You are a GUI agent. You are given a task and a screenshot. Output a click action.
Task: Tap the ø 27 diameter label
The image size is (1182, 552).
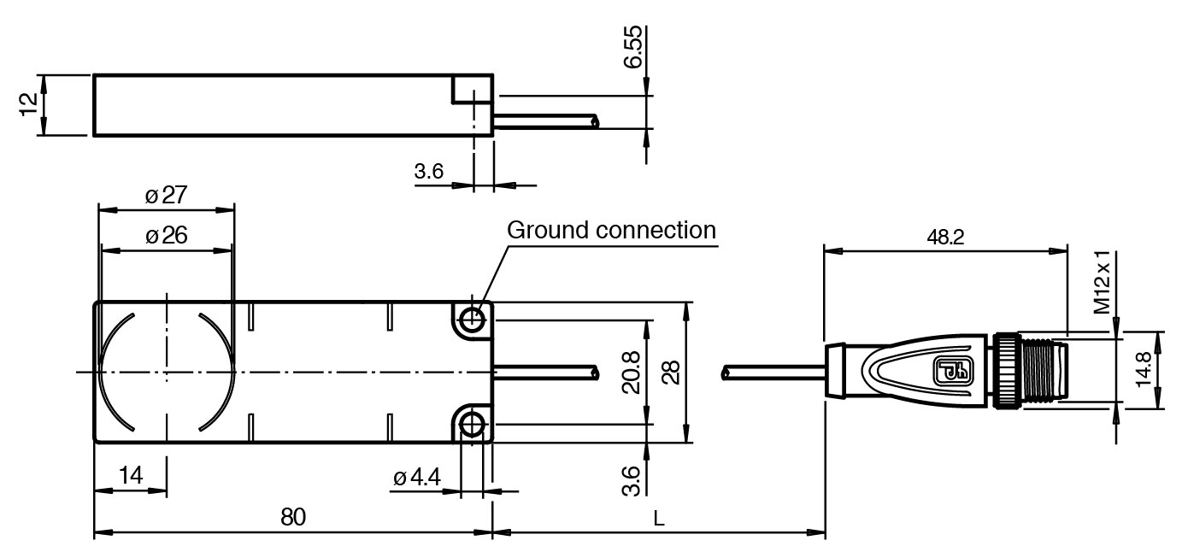click(166, 196)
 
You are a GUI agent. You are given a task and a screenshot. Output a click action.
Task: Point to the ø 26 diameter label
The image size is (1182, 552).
click(166, 237)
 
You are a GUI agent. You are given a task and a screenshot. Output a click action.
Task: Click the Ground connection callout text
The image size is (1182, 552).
click(610, 230)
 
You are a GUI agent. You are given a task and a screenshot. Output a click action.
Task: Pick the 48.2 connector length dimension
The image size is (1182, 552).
click(944, 238)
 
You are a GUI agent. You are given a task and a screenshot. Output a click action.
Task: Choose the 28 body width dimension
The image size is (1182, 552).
click(670, 373)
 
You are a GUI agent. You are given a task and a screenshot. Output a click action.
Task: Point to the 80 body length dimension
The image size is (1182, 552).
click(293, 518)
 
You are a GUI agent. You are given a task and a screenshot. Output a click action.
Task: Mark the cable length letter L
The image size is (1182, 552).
click(658, 518)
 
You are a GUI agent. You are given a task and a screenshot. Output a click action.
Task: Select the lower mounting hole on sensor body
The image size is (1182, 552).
click(471, 425)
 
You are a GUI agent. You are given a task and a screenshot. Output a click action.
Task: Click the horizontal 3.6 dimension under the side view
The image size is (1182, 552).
click(428, 171)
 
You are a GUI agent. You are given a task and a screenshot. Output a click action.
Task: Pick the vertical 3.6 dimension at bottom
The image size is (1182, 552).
click(631, 478)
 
